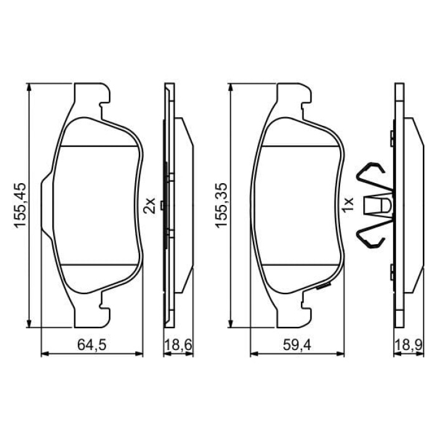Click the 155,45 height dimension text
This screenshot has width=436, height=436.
coord(21,206)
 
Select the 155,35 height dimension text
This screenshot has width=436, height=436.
coord(222,206)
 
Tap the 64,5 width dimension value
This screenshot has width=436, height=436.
coord(92,345)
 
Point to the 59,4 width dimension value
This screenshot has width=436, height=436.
coord(297,345)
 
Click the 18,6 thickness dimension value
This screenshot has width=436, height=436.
coord(178,345)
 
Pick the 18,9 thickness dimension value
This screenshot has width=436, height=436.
coord(409,345)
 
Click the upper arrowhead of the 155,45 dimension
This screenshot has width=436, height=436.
coord(29,87)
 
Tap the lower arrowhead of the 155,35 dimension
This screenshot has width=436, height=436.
coord(230,323)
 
